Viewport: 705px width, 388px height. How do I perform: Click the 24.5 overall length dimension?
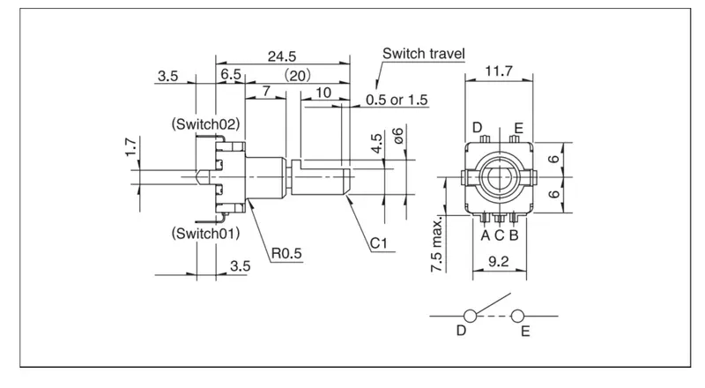(x=282, y=56)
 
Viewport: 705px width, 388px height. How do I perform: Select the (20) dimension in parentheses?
(x=296, y=75)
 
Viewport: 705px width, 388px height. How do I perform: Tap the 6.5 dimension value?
(x=231, y=74)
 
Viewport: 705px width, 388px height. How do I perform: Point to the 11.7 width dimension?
(x=499, y=71)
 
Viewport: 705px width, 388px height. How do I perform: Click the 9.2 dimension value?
(x=499, y=262)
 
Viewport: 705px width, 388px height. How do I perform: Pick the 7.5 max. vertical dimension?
(x=436, y=245)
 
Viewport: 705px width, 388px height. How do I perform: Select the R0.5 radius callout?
(x=286, y=253)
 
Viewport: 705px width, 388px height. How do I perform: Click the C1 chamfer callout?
(x=379, y=243)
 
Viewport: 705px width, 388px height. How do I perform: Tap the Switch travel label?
(x=424, y=54)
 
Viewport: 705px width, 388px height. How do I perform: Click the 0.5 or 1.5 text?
(x=397, y=100)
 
